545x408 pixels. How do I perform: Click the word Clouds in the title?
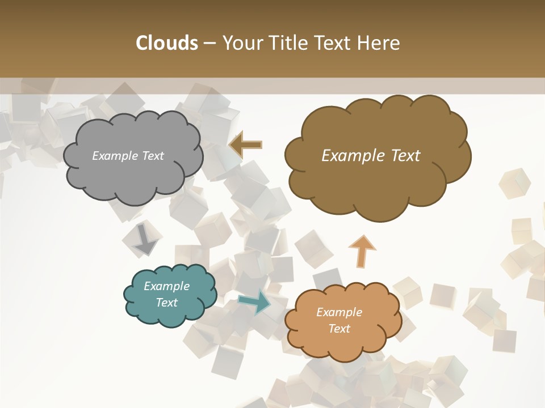(167, 43)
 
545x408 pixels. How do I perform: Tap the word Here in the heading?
(380, 43)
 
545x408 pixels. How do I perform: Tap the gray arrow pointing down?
(146, 240)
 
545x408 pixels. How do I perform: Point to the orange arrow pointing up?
(362, 251)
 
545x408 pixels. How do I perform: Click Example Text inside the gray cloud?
(128, 156)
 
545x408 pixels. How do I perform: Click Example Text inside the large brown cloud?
(371, 156)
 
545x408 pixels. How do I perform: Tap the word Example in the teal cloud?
(166, 286)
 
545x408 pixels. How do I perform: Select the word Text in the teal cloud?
(166, 303)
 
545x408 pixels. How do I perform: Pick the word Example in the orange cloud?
(339, 312)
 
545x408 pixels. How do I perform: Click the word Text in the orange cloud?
(339, 329)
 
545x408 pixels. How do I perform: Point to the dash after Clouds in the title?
(209, 44)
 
